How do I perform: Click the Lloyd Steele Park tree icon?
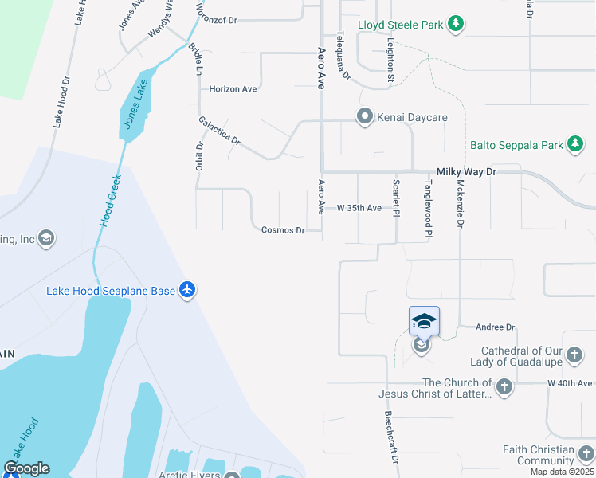point(455,25)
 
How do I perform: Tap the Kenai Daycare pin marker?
point(365,117)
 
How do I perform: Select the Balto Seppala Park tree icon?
point(575,145)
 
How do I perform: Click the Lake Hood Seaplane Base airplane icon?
point(187,291)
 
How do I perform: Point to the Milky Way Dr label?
point(466,171)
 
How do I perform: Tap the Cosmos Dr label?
point(283,230)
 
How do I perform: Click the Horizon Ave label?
point(233,89)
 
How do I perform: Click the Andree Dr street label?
point(496,327)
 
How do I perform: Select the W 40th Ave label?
point(571,383)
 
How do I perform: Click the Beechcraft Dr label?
point(391,438)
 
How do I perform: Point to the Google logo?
point(26,468)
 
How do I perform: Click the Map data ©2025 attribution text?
point(562,472)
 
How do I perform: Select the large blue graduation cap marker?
point(424,321)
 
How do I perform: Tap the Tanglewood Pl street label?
point(428,209)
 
